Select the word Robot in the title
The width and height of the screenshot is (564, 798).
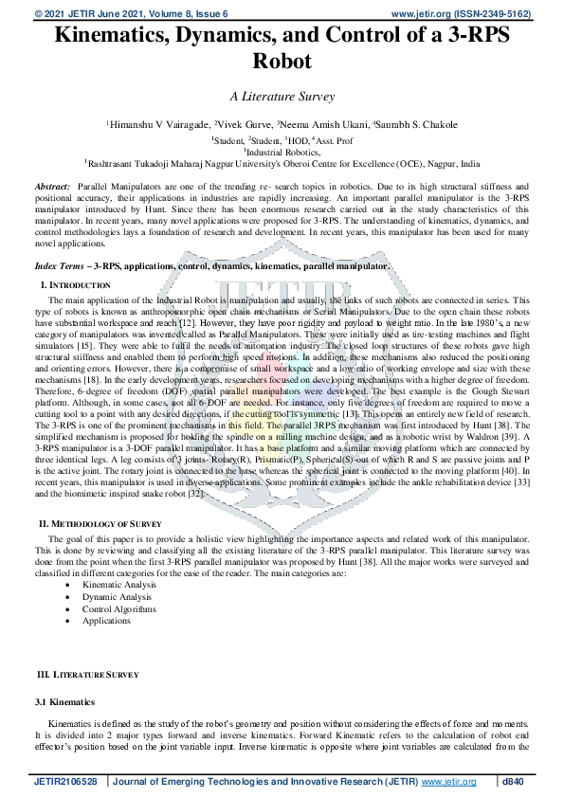(282, 63)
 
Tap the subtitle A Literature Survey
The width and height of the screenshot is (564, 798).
(282, 96)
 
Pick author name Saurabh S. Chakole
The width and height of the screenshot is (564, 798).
(418, 124)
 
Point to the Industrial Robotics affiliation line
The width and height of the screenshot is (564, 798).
(282, 150)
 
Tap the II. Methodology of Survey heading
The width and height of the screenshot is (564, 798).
(105, 524)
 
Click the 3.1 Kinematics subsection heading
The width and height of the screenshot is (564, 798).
(64, 702)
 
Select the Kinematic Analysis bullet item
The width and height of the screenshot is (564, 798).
(119, 586)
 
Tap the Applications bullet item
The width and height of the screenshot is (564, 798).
(106, 620)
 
